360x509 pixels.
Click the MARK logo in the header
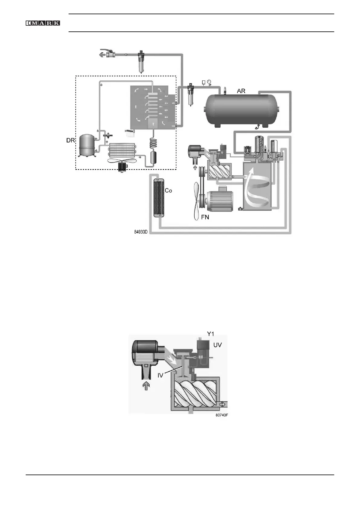(43, 23)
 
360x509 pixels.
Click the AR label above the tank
(241, 91)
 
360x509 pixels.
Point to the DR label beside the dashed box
(70, 141)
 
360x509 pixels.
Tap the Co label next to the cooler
(168, 191)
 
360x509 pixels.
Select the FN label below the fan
(205, 217)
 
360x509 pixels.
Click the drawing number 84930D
(141, 232)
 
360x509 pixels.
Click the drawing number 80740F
(222, 415)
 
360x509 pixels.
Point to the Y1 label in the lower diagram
(210, 334)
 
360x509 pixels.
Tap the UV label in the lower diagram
(218, 345)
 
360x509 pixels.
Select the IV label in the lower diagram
(160, 375)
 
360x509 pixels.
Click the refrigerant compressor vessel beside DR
(87, 146)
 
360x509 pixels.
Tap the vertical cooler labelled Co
(159, 198)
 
